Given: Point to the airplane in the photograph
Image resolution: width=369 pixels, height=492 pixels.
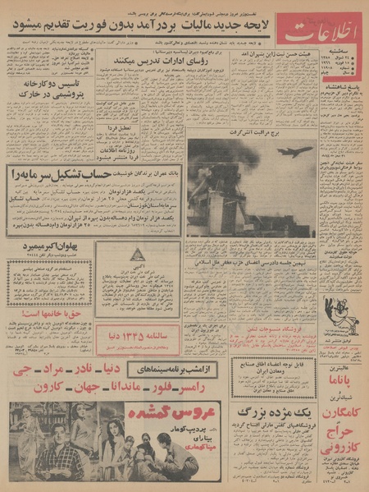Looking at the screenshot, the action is click(294, 151).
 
